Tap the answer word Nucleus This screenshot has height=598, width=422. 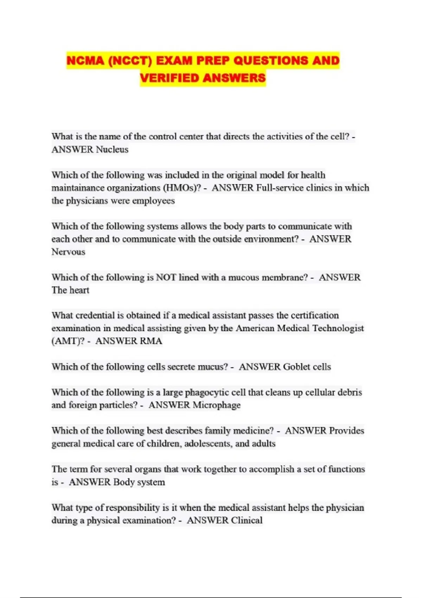point(112,149)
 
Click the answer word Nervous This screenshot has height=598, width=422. point(68,252)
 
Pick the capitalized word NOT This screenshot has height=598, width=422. point(166,277)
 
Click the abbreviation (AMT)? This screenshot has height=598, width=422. point(68,341)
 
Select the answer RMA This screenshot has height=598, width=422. point(151,341)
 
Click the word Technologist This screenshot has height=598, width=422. point(338,328)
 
